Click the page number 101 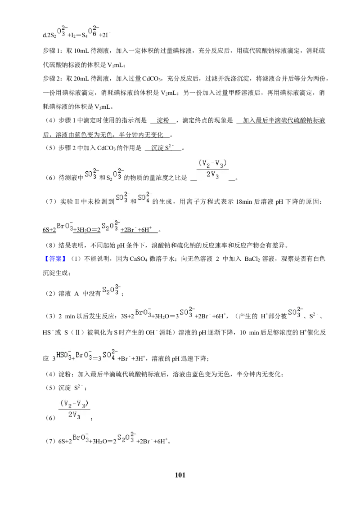180,475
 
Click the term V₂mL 169,93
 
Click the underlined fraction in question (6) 212,169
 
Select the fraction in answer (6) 74,410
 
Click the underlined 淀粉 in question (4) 163,121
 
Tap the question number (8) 51,245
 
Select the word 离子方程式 202,202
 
